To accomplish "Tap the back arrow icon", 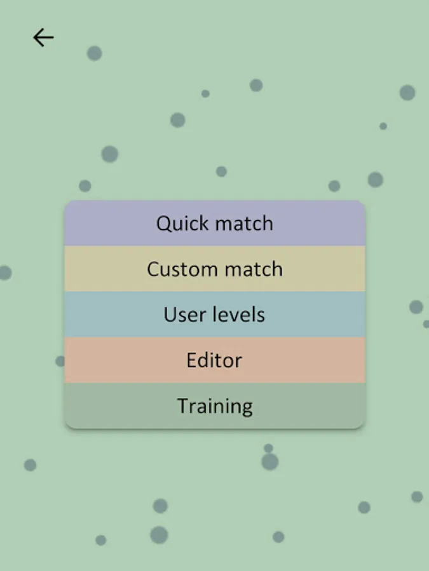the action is coord(43,37).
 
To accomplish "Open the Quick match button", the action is coord(215,223).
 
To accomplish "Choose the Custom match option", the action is coord(215,269).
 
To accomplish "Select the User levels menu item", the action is coord(215,314).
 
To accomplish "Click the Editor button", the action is coord(215,360).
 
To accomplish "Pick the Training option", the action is coord(215,405).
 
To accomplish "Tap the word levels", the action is coord(238,314).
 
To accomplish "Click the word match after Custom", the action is coord(254,269).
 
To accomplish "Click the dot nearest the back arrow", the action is coord(95,53).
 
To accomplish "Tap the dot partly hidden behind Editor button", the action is coord(60,361).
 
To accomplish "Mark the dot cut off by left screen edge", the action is coord(6,273).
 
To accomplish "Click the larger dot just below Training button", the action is coord(270,462).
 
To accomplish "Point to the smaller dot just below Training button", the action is coord(268,449).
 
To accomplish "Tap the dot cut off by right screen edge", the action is coord(426,324).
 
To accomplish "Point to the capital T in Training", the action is coord(184,405).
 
